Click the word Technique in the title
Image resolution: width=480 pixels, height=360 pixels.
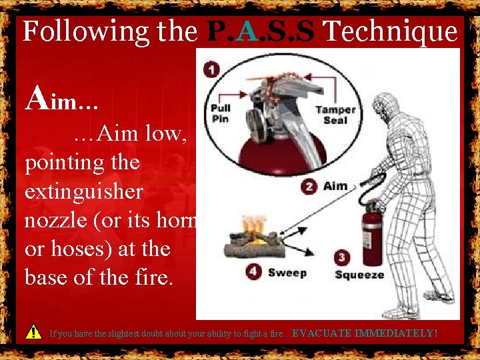(x=393, y=31)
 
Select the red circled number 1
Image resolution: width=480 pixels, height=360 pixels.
(x=211, y=69)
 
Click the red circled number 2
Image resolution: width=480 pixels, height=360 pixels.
(x=309, y=186)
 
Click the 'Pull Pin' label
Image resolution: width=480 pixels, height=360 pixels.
(x=221, y=114)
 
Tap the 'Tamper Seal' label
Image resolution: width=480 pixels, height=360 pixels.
(x=335, y=115)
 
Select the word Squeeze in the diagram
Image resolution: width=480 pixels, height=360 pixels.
(x=359, y=274)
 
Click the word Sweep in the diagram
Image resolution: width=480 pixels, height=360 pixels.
(x=287, y=273)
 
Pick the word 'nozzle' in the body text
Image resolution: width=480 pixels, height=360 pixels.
(x=55, y=220)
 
